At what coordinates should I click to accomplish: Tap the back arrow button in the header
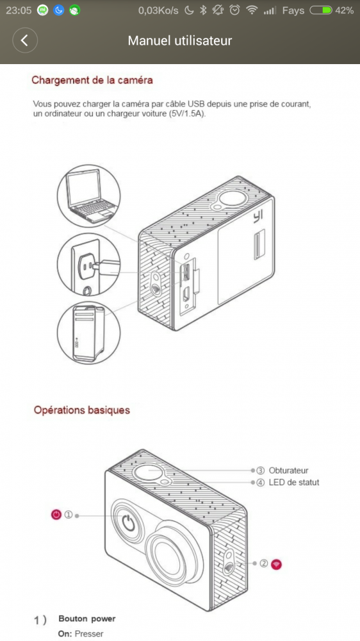pos(25,40)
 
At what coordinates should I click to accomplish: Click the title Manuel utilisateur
pos(180,40)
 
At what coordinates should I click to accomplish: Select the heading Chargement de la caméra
pos(92,79)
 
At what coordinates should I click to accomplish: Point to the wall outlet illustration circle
pos(89,265)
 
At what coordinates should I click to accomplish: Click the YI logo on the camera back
pos(257,216)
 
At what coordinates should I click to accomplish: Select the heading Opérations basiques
pos(82,410)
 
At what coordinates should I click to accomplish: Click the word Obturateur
pos(288,470)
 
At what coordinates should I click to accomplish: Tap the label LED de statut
pos(294,483)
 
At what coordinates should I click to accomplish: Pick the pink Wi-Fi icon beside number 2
pos(277,564)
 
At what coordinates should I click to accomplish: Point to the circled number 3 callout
pos(260,470)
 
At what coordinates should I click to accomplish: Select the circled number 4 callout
pos(260,483)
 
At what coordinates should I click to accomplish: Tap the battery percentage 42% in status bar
pos(344,11)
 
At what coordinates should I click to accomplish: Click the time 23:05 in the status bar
pos(19,11)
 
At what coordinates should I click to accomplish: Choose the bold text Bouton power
pos(87,619)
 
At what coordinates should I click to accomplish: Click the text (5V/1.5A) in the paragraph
pos(187,113)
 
